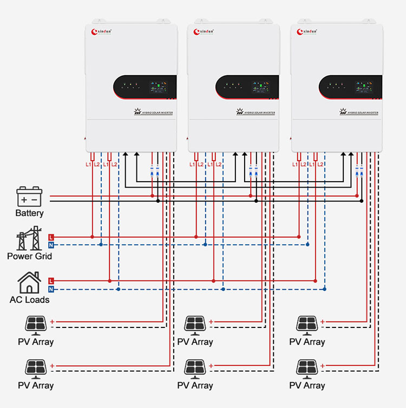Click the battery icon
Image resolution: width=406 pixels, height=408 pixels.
click(29, 197)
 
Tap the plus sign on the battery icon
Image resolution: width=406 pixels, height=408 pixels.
click(24, 199)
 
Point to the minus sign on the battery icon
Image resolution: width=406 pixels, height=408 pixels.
click(35, 199)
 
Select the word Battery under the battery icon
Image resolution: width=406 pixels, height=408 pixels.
click(29, 213)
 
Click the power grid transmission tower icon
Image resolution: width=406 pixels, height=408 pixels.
click(29, 241)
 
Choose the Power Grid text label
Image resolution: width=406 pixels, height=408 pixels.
click(29, 256)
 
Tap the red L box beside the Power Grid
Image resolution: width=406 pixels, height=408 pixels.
click(51, 237)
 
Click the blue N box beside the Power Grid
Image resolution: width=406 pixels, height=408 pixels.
click(51, 245)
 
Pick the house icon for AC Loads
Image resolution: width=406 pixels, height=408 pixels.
click(29, 283)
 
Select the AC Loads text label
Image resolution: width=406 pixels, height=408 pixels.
click(29, 299)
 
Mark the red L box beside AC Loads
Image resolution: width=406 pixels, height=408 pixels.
click(51, 280)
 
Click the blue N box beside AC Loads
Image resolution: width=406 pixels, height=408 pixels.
click(51, 290)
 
